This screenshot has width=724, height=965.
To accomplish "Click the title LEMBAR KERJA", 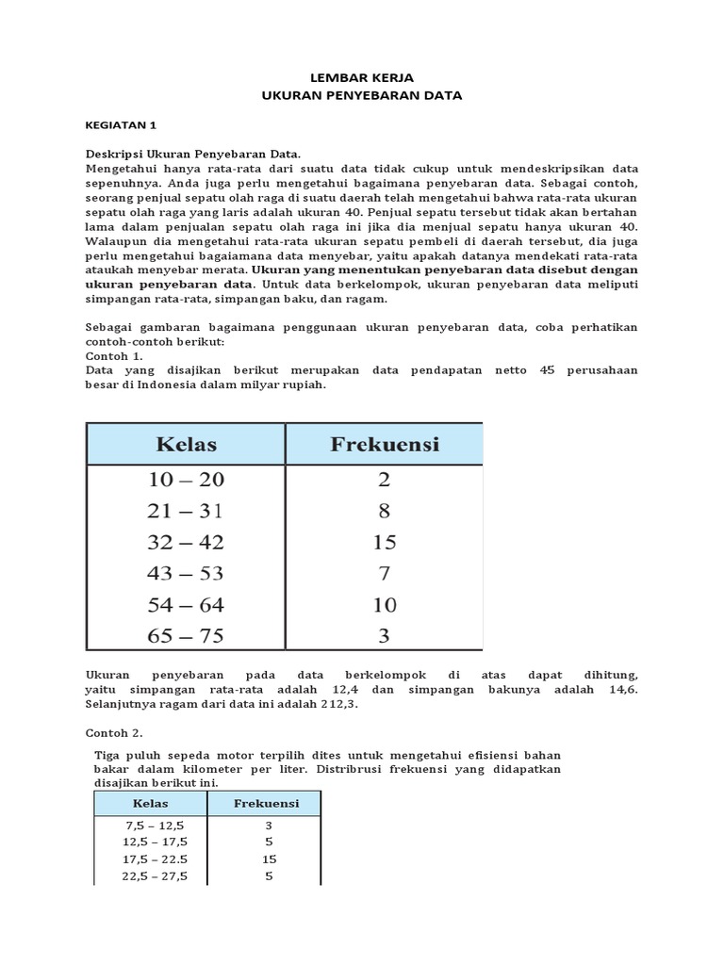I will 362,77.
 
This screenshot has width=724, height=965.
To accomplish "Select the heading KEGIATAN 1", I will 122,123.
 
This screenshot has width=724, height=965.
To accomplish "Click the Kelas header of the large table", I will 186,444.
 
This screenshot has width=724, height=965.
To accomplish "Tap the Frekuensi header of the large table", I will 384,444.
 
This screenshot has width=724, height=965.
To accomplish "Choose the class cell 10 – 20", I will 186,480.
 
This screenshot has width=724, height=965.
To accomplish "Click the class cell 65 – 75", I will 186,635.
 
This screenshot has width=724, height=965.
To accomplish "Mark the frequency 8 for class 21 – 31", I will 384,511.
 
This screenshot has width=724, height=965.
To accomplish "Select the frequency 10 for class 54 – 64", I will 384,604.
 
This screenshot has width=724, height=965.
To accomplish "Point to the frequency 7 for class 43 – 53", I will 384,573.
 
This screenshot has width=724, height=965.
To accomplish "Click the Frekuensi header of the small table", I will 267,803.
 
